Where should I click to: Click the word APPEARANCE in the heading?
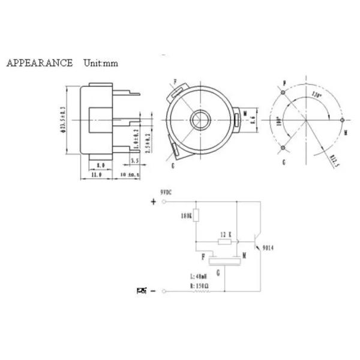point(40,63)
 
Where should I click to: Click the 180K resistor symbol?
point(196,217)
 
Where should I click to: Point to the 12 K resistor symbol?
point(225,242)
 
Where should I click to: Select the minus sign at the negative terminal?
point(153,291)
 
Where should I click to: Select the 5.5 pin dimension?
point(134,162)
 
